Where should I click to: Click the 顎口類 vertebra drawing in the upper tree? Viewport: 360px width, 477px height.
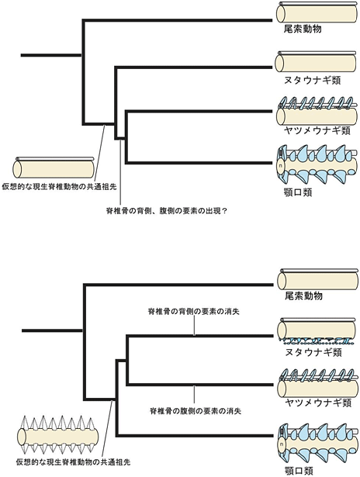[317, 164]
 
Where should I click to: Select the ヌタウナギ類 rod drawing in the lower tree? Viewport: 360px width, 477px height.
[317, 331]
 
